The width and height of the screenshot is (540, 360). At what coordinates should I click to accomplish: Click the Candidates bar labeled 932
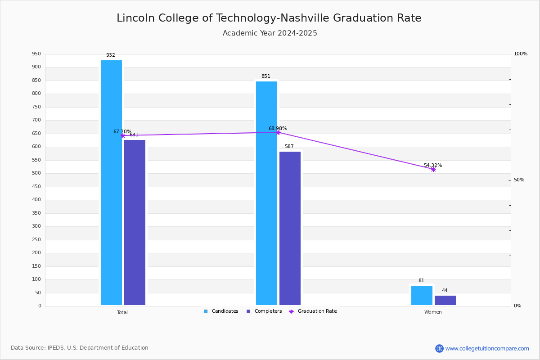pos(111,183)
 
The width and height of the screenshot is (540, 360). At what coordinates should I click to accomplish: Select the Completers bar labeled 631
pos(135,222)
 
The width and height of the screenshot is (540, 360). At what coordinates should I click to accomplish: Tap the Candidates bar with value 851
pos(266,193)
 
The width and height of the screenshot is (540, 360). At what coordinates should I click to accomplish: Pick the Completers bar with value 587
pos(290,228)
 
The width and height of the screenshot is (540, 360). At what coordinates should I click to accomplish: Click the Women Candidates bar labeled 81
pos(422,295)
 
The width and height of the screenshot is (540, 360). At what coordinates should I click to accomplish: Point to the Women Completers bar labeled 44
pos(445,300)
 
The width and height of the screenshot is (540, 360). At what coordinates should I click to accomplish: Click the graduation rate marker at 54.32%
pos(433,169)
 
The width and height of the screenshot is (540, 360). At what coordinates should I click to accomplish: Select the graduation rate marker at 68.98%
pos(278,132)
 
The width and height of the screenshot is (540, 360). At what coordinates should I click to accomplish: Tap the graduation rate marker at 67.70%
pos(123,135)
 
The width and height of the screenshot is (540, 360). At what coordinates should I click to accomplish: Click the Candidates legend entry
pos(221,311)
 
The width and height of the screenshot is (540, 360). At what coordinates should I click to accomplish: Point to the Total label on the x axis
pos(122,312)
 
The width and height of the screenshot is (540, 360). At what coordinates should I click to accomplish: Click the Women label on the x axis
pos(433,312)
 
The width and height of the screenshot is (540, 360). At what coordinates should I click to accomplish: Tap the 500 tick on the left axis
pos(36,173)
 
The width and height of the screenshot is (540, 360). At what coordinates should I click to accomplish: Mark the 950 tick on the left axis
pos(36,54)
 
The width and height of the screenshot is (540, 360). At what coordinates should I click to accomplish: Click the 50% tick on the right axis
pos(519,180)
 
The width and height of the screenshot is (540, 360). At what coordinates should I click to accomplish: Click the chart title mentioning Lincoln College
pos(269,18)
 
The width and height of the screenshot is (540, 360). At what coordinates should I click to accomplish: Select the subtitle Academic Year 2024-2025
pos(270,33)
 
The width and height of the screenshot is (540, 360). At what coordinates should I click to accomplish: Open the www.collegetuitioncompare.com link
pos(487,348)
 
